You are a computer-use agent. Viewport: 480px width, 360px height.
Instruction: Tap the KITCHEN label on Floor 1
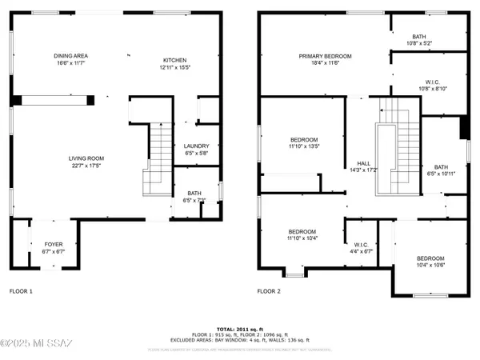click(x=175, y=60)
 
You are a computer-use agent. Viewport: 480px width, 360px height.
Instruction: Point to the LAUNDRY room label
click(x=196, y=146)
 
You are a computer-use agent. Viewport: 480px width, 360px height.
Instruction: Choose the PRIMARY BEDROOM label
click(x=326, y=56)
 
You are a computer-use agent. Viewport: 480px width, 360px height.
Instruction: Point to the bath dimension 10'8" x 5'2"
click(x=419, y=42)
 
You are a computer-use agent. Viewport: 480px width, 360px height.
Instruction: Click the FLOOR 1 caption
click(x=21, y=292)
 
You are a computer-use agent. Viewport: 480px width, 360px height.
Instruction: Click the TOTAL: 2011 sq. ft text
click(x=239, y=328)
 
